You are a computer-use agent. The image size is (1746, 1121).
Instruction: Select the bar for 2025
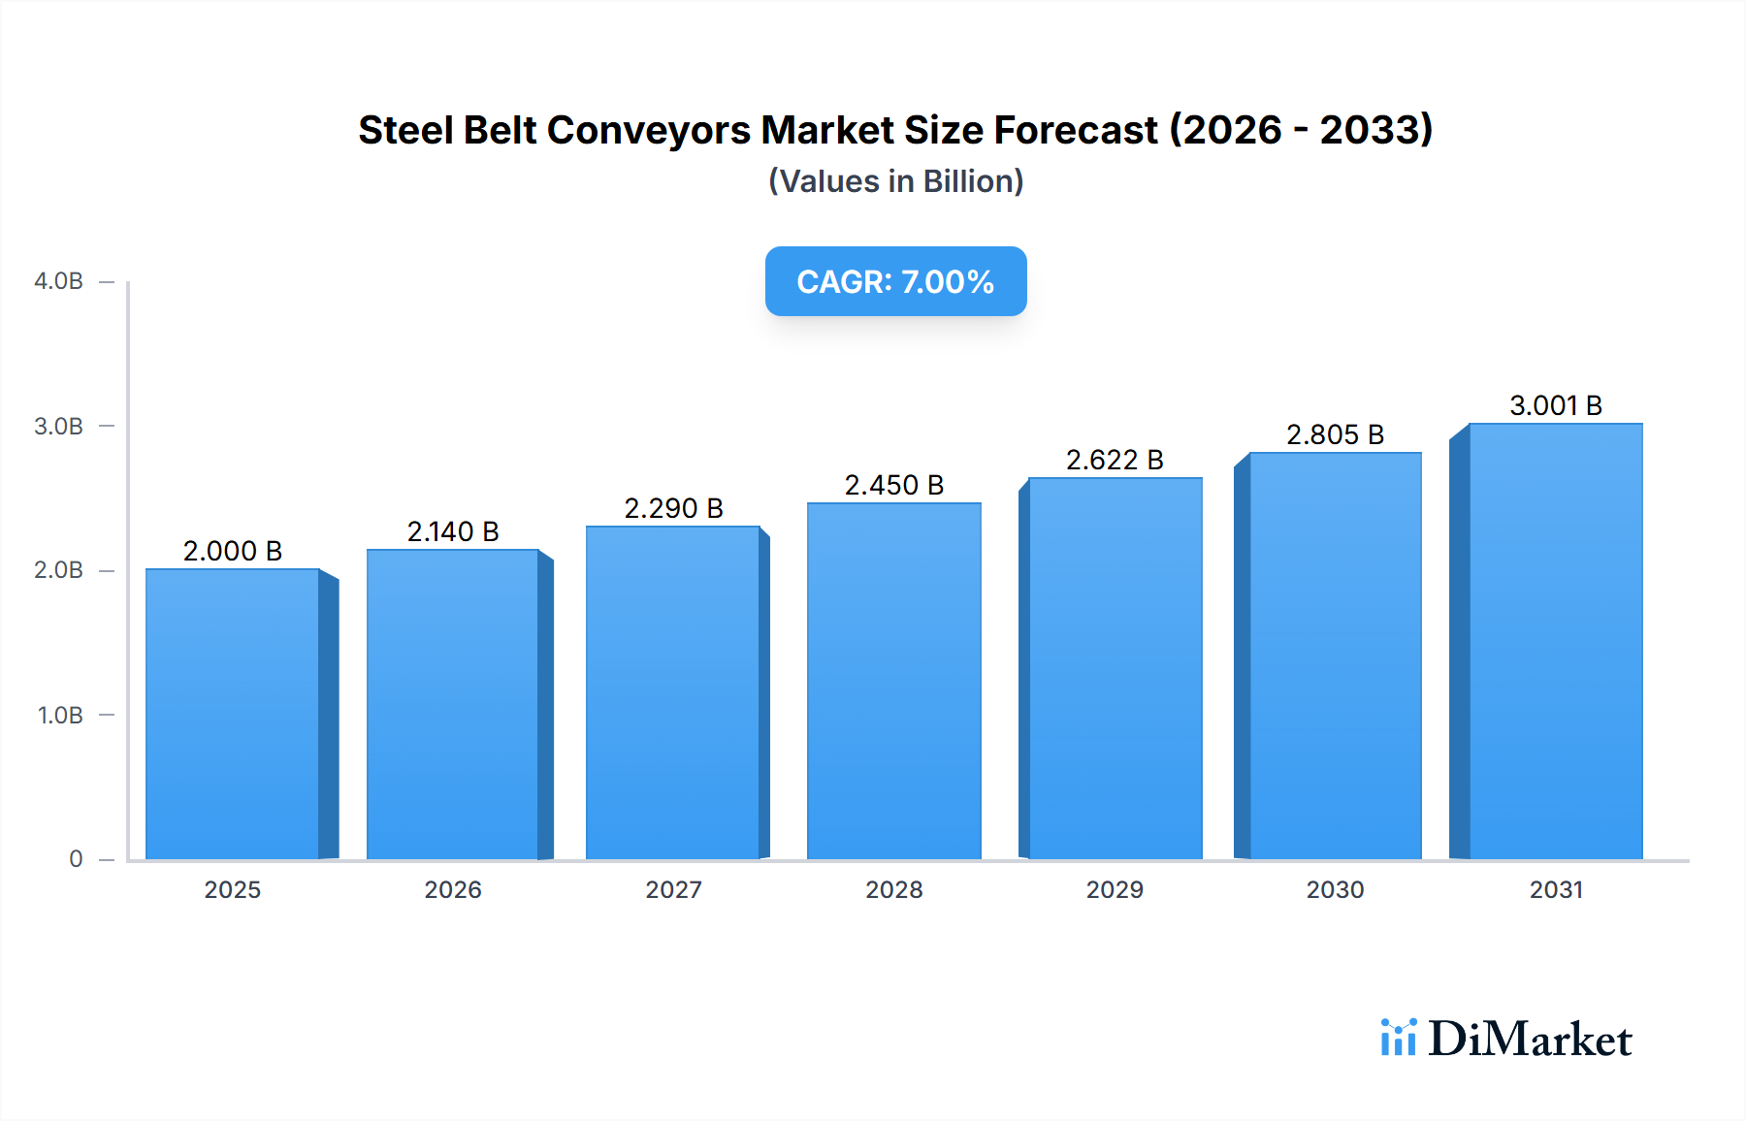233,714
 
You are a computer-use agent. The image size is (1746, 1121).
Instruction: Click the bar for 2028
893,681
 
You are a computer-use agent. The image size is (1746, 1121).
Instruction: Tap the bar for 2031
1556,641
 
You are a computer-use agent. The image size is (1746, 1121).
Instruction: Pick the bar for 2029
1115,668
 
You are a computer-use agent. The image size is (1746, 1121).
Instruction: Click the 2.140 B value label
453,531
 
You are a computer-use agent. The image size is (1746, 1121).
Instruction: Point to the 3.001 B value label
1556,405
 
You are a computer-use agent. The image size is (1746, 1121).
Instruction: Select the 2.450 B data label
893,485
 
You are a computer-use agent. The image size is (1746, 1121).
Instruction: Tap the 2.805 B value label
1335,434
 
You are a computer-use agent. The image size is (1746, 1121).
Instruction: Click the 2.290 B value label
673,508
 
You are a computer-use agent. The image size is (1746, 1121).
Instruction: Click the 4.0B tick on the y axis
58,281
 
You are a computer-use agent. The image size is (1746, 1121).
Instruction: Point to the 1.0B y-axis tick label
60,716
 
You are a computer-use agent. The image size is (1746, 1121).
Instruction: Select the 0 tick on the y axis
76,859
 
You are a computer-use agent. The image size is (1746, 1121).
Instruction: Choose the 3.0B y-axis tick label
58,427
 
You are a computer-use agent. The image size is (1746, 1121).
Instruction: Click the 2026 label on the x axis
453,890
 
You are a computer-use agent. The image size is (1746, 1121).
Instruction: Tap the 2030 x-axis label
1335,890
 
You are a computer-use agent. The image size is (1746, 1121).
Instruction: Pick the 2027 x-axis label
673,890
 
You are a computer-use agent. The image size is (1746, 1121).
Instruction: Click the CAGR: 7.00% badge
895,281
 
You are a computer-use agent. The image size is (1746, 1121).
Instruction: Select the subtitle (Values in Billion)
895,181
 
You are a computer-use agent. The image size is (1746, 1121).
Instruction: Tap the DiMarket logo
1506,1039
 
